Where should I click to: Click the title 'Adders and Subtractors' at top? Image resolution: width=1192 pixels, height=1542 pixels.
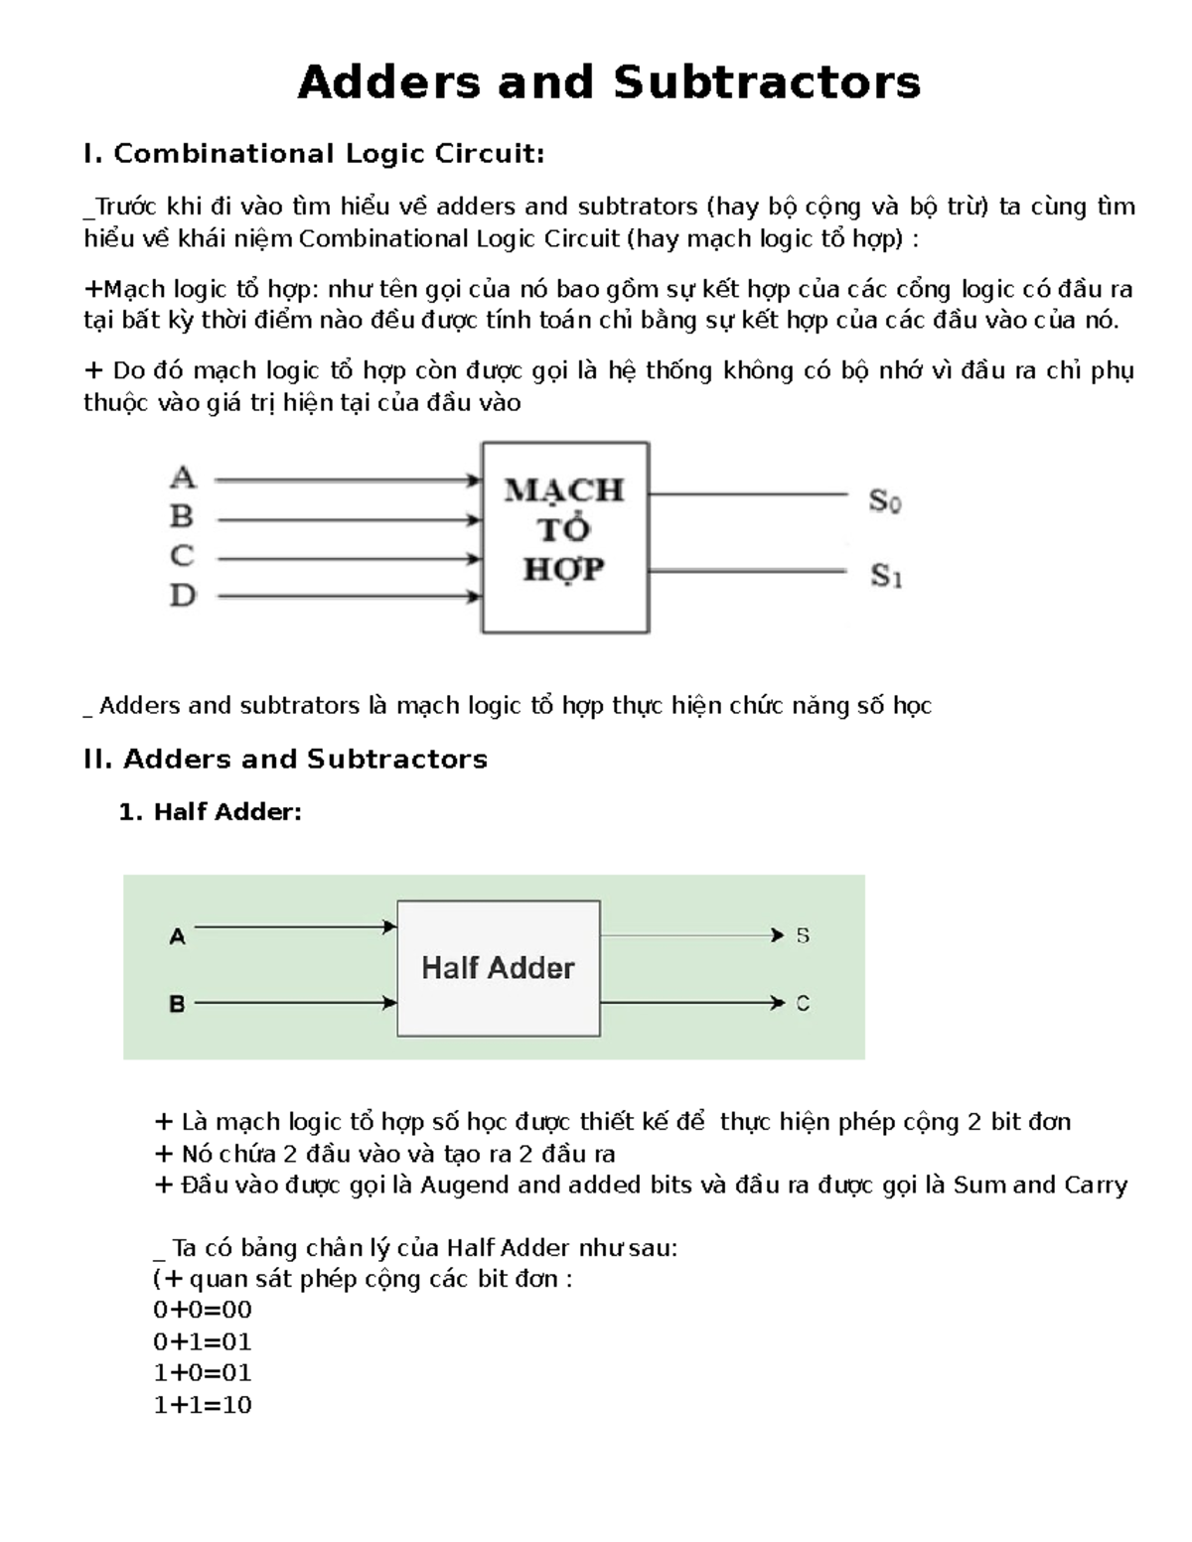click(609, 81)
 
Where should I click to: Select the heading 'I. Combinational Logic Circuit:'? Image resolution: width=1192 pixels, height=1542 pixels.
click(314, 154)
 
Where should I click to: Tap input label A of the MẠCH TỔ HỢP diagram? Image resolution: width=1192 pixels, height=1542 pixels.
click(183, 479)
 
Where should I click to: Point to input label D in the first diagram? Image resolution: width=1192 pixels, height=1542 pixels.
click(183, 596)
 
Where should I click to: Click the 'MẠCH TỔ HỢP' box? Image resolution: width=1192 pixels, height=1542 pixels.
click(565, 536)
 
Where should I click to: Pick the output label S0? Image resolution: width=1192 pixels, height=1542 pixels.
click(884, 501)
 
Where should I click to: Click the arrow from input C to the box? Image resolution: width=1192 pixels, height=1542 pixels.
click(348, 559)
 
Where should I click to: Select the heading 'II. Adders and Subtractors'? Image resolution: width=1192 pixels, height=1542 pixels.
click(286, 760)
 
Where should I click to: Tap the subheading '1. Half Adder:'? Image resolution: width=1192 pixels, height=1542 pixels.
click(210, 812)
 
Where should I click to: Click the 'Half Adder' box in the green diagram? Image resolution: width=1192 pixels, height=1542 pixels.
click(498, 968)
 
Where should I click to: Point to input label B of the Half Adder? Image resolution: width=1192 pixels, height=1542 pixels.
click(177, 1004)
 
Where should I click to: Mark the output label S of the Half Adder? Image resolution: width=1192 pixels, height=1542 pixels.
click(803, 935)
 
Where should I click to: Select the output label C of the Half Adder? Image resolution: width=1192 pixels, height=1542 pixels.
click(803, 1004)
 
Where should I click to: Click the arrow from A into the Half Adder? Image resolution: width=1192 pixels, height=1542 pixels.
click(295, 927)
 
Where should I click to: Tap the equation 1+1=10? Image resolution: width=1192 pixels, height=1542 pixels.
click(203, 1405)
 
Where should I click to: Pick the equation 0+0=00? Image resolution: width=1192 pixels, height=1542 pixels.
click(203, 1310)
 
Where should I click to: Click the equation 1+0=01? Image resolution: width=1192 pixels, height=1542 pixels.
click(203, 1373)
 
